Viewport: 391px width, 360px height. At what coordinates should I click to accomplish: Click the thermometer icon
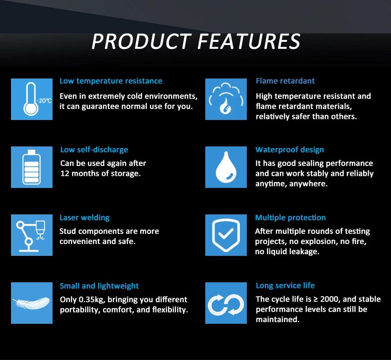pyautogui.click(x=31, y=99)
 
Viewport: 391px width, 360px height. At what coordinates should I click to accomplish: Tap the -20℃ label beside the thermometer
pyautogui.click(x=44, y=101)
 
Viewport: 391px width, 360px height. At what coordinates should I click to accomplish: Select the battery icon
pyautogui.click(x=32, y=167)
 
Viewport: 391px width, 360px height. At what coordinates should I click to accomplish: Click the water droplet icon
pyautogui.click(x=226, y=167)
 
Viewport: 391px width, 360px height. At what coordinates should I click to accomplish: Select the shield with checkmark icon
pyautogui.click(x=226, y=235)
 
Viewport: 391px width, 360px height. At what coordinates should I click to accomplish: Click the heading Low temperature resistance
pyautogui.click(x=111, y=81)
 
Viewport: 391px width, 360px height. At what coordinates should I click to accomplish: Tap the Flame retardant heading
pyautogui.click(x=285, y=81)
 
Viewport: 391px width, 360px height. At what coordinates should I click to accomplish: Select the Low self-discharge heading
pyautogui.click(x=94, y=150)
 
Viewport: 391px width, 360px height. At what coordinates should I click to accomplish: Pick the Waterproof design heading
pyautogui.click(x=290, y=150)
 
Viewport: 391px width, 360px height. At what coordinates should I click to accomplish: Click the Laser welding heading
pyautogui.click(x=85, y=218)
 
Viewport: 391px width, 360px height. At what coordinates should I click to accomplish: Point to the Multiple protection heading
pyautogui.click(x=290, y=218)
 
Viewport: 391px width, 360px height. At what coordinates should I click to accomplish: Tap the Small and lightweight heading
pyautogui.click(x=99, y=286)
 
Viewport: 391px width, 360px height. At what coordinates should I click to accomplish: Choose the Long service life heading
pyautogui.click(x=285, y=286)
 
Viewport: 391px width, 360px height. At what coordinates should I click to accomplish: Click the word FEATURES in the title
pyautogui.click(x=249, y=41)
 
